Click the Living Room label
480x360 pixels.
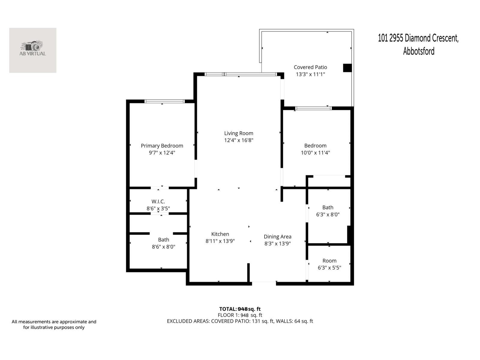(238, 133)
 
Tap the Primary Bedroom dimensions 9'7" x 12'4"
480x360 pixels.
(162, 153)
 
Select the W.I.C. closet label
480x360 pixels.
(158, 202)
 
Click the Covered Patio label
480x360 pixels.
(310, 67)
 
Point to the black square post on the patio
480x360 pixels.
(347, 68)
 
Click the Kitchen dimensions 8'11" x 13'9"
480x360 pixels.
(220, 241)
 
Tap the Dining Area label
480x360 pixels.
(277, 237)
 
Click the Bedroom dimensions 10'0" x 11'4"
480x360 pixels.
(315, 153)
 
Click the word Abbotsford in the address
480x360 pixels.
(418, 51)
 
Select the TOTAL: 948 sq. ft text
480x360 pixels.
(240, 309)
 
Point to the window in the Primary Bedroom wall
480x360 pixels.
(164, 101)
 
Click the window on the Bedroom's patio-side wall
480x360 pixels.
(313, 108)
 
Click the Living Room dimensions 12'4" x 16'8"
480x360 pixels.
(238, 140)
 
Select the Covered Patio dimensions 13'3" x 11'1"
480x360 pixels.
(310, 74)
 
